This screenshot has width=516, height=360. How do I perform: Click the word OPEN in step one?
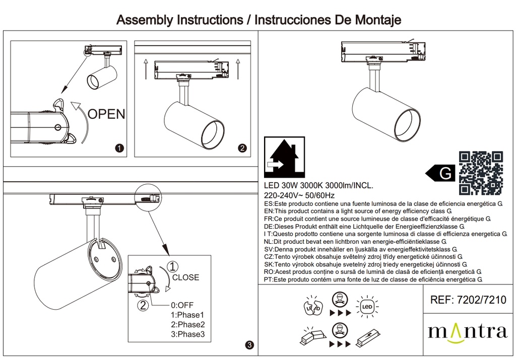tap(106, 114)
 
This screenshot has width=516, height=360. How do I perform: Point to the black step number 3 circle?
tap(249, 345)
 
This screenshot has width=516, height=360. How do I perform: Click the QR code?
tap(481, 173)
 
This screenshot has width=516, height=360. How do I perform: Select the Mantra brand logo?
tap(467, 332)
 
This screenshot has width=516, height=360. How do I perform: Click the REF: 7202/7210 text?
tap(468, 301)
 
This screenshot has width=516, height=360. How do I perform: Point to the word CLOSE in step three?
tap(185, 277)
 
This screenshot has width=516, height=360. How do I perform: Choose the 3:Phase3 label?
tap(188, 334)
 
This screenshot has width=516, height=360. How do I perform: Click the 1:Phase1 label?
tap(188, 315)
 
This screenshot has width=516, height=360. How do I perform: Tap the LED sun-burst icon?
tap(367, 306)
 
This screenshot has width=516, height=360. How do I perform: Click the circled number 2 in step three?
tap(143, 304)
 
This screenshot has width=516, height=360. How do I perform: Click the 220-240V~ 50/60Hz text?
tap(299, 195)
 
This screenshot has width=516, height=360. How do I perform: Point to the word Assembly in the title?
tap(144, 20)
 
